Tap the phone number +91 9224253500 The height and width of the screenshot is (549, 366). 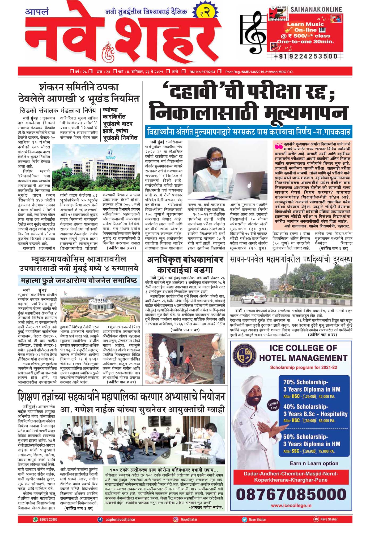pyautogui.click(x=305, y=56)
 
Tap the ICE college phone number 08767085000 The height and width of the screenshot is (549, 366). pyautogui.click(x=291, y=495)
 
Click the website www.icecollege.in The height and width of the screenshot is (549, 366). pyautogui.click(x=291, y=506)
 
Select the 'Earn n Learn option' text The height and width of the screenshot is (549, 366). pyautogui.click(x=314, y=463)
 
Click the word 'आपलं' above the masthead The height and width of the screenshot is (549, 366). pyautogui.click(x=37, y=12)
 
